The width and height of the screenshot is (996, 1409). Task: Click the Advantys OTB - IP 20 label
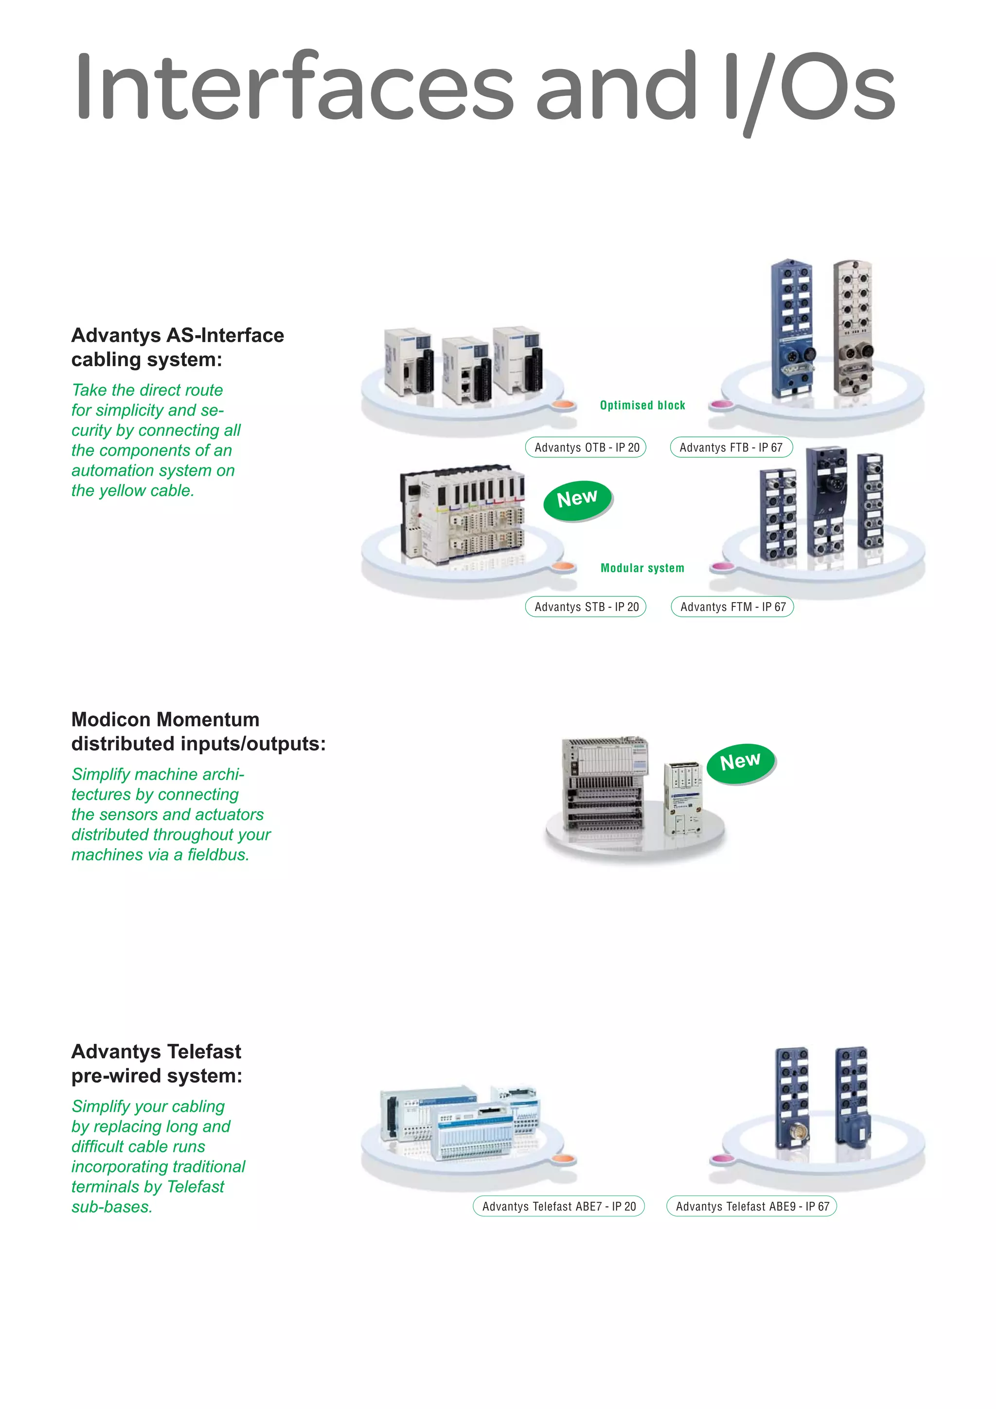point(586,447)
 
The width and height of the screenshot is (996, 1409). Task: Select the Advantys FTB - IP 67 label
point(731,447)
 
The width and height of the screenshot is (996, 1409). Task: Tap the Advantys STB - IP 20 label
point(586,607)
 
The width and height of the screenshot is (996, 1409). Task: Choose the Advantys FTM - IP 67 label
point(732,607)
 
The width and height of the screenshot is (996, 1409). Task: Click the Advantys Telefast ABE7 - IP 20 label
point(558,1207)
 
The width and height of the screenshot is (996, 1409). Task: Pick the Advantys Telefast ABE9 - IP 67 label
point(752,1207)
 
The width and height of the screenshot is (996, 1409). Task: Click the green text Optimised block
point(642,405)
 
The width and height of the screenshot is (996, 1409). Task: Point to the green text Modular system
point(642,568)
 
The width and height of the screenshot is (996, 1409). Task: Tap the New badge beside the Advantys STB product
point(577,499)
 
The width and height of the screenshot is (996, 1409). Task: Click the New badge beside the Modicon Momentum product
point(741,763)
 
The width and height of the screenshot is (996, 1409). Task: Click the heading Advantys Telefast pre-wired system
point(157,1064)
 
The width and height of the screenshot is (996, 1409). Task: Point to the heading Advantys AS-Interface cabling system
point(178,347)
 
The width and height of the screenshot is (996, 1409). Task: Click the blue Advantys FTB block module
point(792,328)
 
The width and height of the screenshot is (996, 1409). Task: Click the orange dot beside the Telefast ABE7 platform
point(563,1159)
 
